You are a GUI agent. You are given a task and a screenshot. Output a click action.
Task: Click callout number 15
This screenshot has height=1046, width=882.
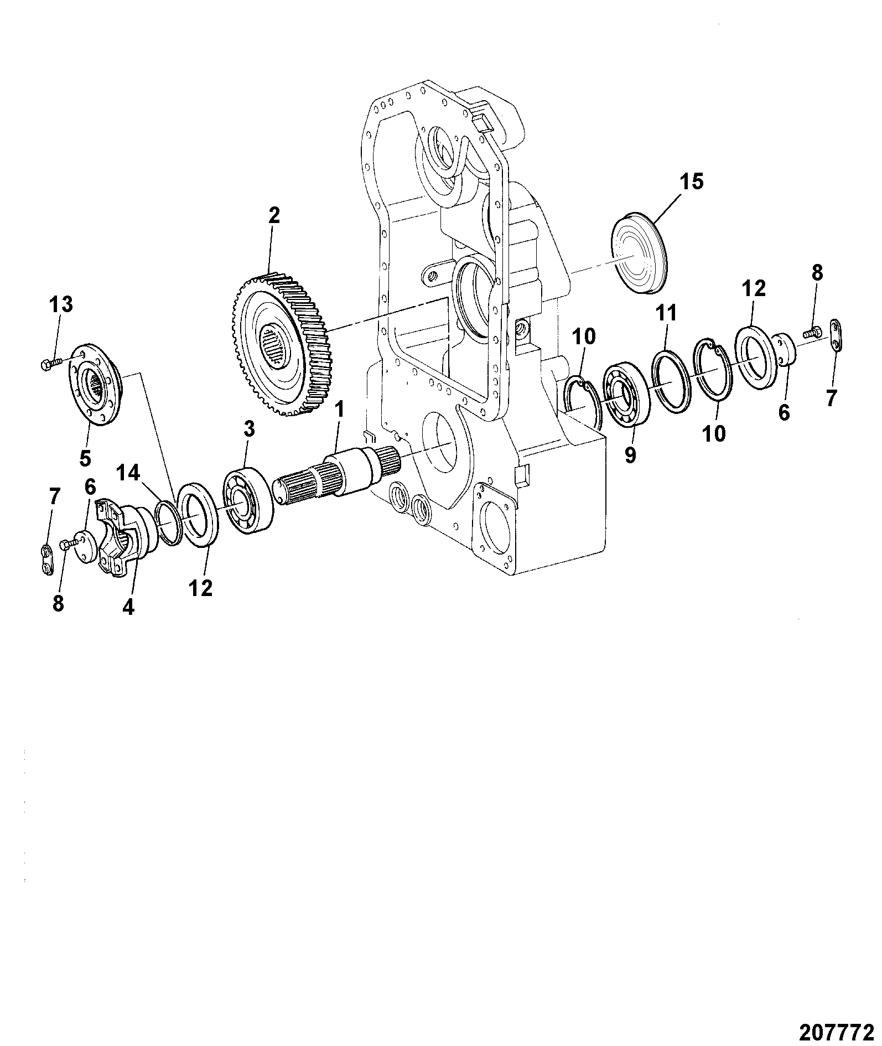pyautogui.click(x=691, y=182)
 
